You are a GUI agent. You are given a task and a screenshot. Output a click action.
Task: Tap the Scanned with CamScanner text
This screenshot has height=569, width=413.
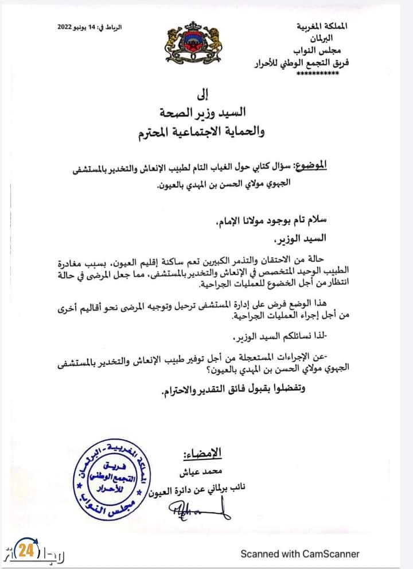300,554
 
